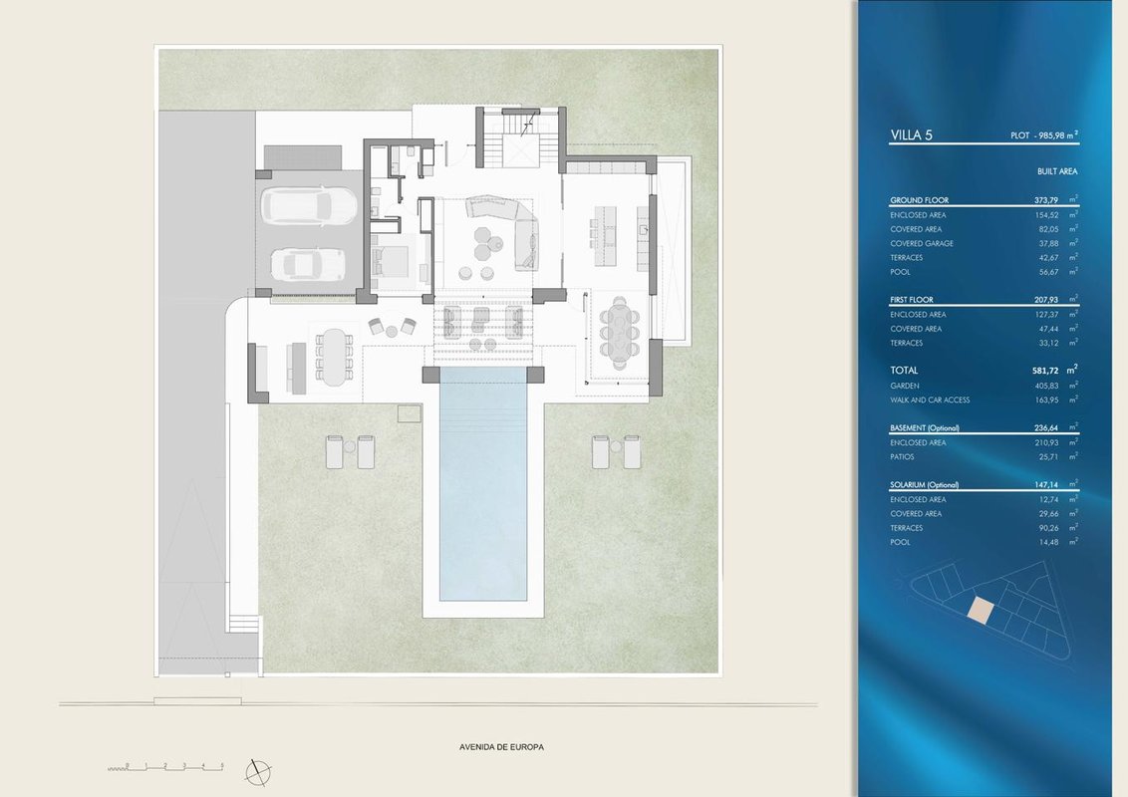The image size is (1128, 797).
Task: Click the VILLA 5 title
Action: (x=911, y=135)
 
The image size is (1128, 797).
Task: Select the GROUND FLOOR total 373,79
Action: (x=1046, y=200)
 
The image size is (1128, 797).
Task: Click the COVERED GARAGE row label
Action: (x=922, y=244)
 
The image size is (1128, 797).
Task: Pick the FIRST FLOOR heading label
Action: (x=912, y=300)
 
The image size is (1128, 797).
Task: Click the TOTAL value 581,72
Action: (x=1045, y=371)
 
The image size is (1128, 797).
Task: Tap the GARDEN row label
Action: (x=904, y=387)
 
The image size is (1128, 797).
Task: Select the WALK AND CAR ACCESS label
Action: (x=930, y=399)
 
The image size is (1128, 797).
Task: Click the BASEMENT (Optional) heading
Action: (x=925, y=428)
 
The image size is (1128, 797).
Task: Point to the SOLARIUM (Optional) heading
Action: (x=925, y=485)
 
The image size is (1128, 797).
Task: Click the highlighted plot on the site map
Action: (x=980, y=611)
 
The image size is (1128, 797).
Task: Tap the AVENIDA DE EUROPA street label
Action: (x=501, y=747)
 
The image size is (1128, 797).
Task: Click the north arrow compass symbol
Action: (x=258, y=772)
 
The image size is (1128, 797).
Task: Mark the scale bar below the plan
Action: (x=166, y=767)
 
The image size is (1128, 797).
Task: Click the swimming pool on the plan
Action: (x=482, y=483)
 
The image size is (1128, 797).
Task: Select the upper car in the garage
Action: (x=309, y=205)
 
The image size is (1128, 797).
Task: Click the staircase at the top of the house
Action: (x=507, y=140)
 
